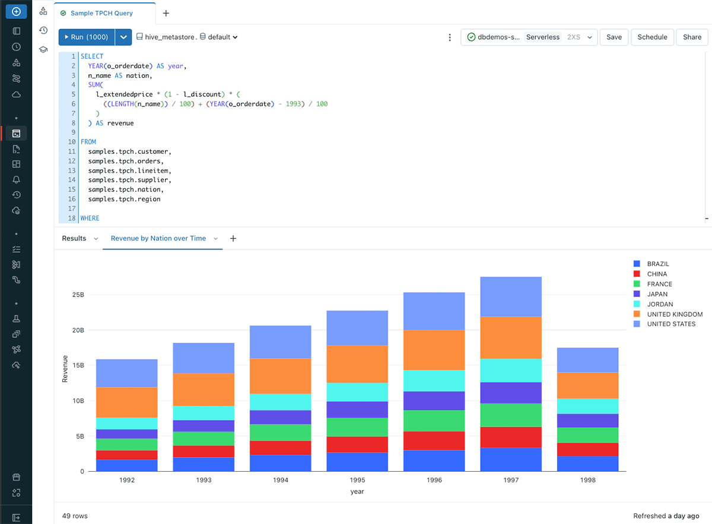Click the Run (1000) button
(87, 37)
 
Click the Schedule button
(652, 37)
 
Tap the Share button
(692, 37)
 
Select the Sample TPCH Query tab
(101, 13)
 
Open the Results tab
(74, 238)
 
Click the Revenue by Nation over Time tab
(158, 238)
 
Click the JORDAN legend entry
(660, 304)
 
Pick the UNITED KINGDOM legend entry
(675, 314)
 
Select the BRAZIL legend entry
(658, 264)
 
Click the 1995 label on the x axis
(357, 480)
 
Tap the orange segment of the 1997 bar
(511, 337)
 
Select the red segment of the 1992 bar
(126, 455)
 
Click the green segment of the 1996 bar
(434, 421)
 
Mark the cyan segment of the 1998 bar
(588, 406)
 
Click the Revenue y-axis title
(65, 369)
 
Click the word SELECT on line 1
(92, 56)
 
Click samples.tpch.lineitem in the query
(129, 171)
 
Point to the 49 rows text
(75, 516)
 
